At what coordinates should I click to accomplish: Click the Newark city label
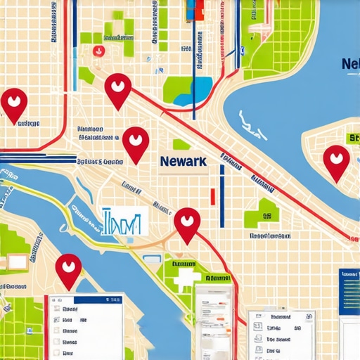tap(183, 161)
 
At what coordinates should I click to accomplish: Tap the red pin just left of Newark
tap(135, 143)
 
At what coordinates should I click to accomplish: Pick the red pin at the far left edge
tap(14, 103)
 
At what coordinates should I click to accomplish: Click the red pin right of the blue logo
tap(187, 222)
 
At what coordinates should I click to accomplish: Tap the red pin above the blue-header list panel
tap(68, 269)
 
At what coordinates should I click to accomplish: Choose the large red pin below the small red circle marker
tap(118, 89)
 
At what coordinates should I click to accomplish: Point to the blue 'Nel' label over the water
tap(349, 65)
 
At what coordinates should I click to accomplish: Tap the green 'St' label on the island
tap(351, 139)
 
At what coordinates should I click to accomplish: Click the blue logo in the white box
tap(124, 222)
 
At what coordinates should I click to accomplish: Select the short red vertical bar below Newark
tap(211, 195)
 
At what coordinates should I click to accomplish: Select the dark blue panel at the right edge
tap(349, 292)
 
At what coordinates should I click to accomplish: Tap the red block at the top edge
tap(197, 8)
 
